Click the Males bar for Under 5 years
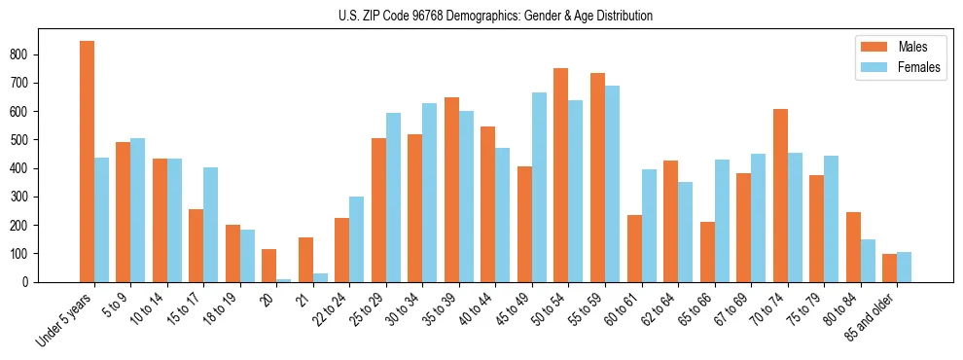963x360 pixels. (87, 162)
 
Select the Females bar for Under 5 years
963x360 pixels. (101, 220)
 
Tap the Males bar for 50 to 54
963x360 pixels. (561, 175)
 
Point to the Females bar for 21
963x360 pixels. (320, 277)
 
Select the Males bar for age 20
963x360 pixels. (269, 266)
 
